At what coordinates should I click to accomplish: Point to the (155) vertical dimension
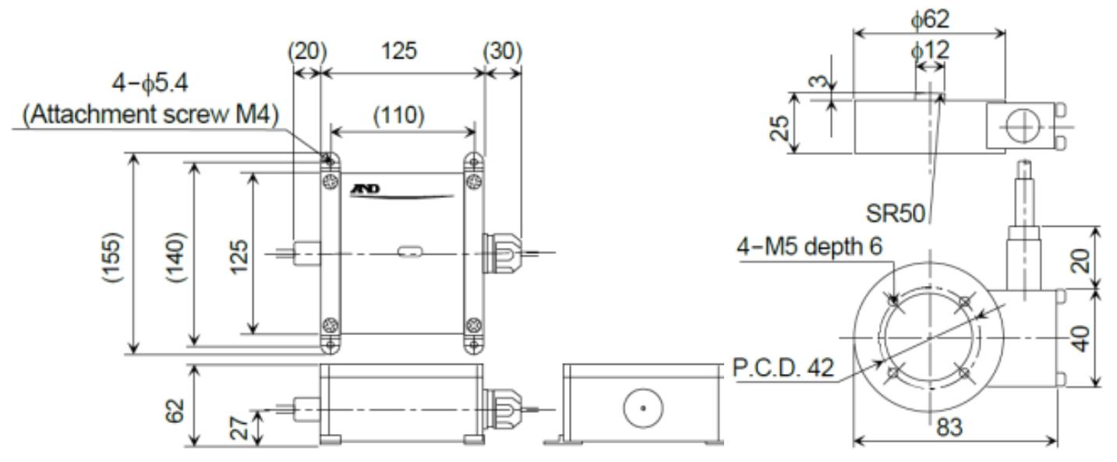pos(116,257)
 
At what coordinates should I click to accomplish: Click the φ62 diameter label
pos(928,16)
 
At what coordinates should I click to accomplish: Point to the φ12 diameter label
pos(928,51)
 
